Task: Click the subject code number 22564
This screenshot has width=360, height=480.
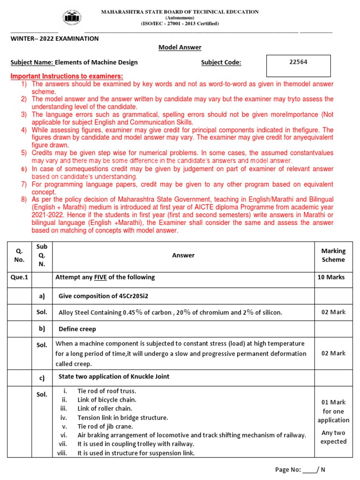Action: (x=298, y=62)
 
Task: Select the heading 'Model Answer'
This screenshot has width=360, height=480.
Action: (x=180, y=47)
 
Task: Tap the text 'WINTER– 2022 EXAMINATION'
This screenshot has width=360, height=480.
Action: (x=55, y=38)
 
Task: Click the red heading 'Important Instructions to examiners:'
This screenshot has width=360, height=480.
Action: (x=67, y=76)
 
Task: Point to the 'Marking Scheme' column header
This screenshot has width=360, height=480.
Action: (x=333, y=255)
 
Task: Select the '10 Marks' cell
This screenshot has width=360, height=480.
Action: (x=331, y=277)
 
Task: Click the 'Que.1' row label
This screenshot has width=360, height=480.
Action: (x=20, y=277)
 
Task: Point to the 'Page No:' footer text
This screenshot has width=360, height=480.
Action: (x=287, y=469)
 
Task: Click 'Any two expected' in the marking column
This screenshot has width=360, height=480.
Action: (x=333, y=437)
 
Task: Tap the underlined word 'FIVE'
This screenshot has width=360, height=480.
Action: (x=100, y=277)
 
